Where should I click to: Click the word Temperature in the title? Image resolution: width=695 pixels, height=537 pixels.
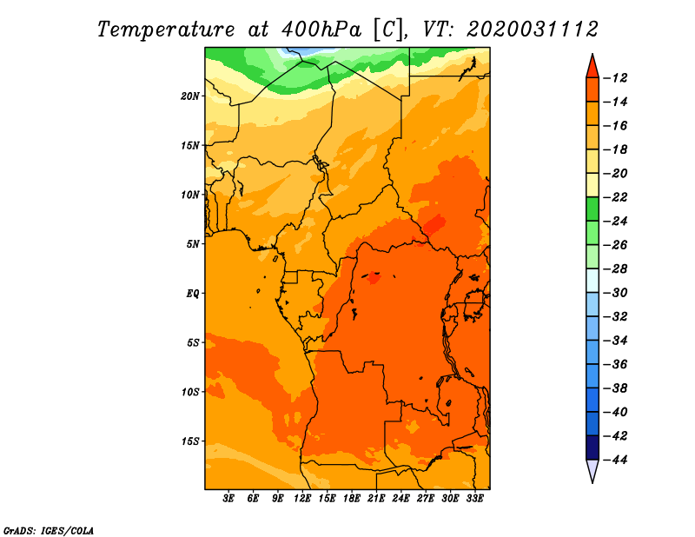(x=166, y=30)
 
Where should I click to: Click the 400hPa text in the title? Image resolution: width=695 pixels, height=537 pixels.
(x=321, y=30)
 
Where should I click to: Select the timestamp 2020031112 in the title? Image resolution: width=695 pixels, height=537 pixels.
(x=533, y=30)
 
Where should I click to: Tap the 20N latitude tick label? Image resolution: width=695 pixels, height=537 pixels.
(x=190, y=96)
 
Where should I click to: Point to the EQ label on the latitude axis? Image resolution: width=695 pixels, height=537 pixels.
(x=192, y=294)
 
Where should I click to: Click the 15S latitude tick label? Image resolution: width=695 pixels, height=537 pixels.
(x=191, y=441)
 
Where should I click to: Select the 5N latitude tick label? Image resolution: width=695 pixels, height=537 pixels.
(x=193, y=244)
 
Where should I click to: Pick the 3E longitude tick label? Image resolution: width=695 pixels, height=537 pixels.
(x=228, y=499)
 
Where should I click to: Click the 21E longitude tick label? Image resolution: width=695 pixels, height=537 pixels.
(x=376, y=499)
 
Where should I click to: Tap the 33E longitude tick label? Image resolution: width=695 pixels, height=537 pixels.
(x=474, y=499)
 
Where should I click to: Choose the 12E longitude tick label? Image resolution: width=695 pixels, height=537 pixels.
(x=302, y=499)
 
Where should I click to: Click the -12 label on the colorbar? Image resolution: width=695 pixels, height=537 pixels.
(x=616, y=78)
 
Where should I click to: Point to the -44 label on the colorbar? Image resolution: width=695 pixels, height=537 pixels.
(x=616, y=460)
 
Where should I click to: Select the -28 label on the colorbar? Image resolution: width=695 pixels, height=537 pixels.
(x=616, y=269)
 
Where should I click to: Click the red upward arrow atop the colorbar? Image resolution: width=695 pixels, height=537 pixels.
(x=592, y=67)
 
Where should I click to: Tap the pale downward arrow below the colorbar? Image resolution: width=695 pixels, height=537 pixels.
(x=592, y=470)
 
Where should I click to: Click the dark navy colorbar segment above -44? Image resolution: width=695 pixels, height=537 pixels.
(x=592, y=447)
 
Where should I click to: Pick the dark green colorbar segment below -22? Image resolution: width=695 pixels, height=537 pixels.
(x=592, y=209)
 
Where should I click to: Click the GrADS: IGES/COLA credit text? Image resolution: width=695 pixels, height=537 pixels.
(x=49, y=531)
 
